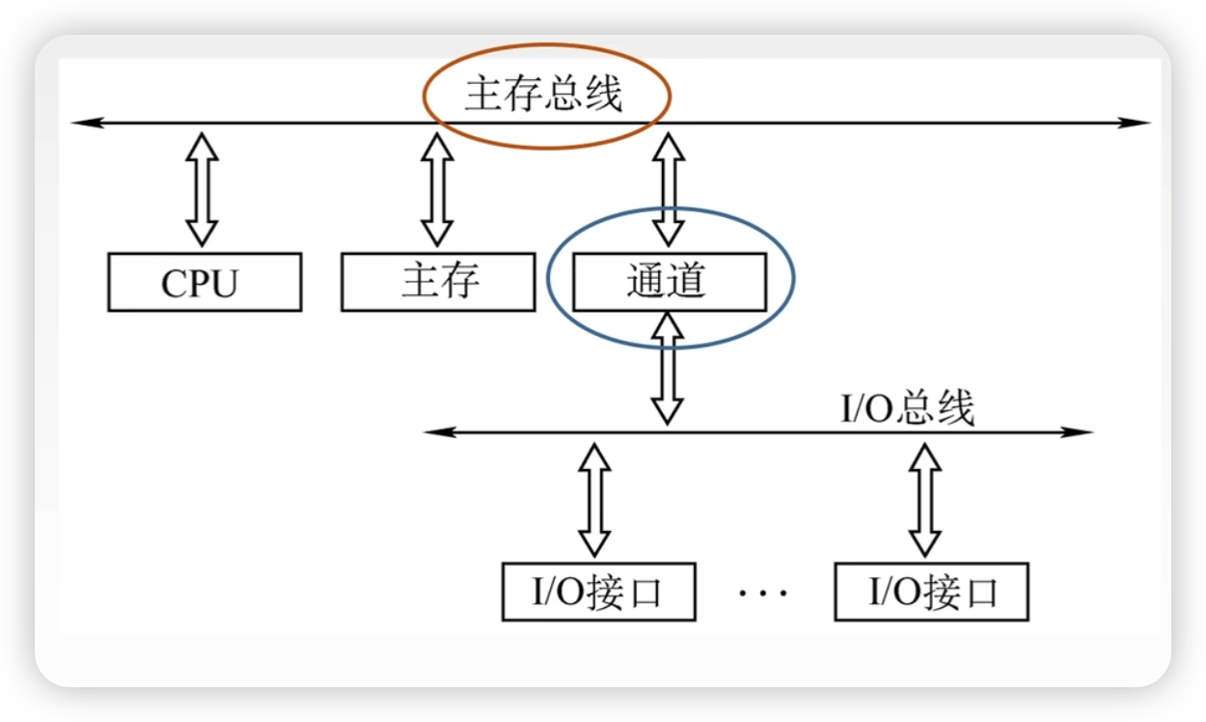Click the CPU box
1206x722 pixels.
[204, 282]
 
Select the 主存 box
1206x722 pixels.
[437, 282]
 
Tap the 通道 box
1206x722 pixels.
[669, 282]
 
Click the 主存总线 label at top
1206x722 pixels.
[543, 95]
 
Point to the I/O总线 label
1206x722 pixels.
[908, 408]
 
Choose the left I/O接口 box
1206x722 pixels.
[598, 592]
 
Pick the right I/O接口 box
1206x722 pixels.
[932, 592]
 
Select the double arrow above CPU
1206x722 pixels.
[202, 188]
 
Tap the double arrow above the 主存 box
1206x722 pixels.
[437, 188]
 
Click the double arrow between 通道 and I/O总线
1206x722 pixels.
[667, 372]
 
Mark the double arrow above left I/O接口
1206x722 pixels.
[594, 498]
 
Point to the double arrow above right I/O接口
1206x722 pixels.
[925, 498]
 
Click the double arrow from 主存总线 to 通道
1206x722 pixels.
[668, 188]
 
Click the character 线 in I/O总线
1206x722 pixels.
[955, 408]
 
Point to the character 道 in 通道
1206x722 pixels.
[688, 282]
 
